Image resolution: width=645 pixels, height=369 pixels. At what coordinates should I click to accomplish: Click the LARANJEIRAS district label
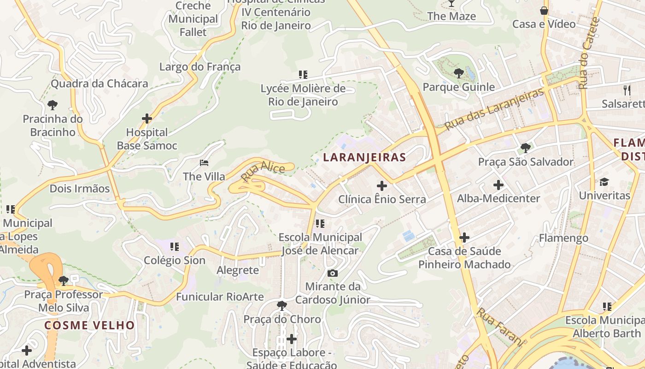point(364,157)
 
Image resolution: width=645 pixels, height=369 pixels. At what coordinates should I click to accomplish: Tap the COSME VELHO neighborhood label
point(90,325)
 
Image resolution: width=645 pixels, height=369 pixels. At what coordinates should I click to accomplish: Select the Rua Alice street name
point(263,173)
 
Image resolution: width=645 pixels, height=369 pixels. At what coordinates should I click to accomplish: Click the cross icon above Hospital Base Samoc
point(147,119)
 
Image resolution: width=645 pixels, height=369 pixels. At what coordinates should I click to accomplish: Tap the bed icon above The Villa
point(204,163)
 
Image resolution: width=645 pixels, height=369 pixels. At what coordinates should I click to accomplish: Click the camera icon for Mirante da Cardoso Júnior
point(332,273)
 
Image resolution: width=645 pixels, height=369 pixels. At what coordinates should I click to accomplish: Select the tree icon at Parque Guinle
point(458,73)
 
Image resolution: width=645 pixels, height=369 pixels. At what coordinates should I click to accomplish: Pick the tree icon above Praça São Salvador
point(525,148)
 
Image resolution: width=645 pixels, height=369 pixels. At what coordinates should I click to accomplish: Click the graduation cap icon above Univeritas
point(604,182)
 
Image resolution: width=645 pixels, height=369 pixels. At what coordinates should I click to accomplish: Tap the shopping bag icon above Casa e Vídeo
point(544,10)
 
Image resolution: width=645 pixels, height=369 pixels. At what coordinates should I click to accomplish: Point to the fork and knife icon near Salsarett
point(627,90)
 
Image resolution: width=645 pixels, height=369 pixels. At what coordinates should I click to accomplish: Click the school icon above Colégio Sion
point(174,247)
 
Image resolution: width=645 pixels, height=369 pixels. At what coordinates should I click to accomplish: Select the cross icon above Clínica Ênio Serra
point(382,186)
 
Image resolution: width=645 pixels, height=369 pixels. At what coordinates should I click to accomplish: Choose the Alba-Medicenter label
point(498,198)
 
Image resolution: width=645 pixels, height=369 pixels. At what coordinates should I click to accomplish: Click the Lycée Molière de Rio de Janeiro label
point(303,95)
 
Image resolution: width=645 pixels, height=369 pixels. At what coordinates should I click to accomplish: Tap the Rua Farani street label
point(501,327)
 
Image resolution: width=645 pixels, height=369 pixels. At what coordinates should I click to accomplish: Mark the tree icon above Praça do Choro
point(281,305)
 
